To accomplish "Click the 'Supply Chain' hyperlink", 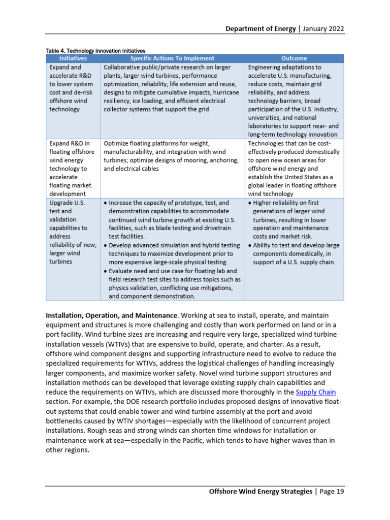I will (316, 392).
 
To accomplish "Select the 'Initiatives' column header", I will (73, 58).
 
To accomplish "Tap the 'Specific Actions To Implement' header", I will (173, 58).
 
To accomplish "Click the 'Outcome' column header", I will (294, 58).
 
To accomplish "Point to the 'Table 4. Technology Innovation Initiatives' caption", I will (95, 51).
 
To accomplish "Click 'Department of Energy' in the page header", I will (261, 29).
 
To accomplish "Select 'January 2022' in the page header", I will (323, 29).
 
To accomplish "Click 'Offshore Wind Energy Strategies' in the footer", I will (261, 492).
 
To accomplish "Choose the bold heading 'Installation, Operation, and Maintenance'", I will (112, 315).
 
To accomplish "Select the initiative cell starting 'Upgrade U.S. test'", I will (73, 232).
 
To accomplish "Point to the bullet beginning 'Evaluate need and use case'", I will (173, 283).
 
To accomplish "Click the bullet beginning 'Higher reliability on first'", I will (295, 219).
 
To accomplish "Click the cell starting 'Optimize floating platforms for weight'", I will (171, 156).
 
